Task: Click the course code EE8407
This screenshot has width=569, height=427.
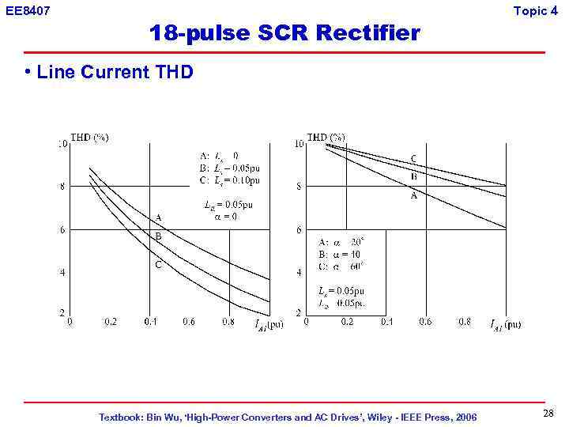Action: (x=28, y=10)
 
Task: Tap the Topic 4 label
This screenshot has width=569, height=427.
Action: (x=541, y=10)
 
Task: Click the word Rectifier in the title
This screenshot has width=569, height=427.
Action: (x=367, y=33)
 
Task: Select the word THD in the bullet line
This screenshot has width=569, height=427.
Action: (x=174, y=73)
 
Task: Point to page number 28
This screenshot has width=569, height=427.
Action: (x=548, y=414)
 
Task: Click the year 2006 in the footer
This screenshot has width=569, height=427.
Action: (x=464, y=417)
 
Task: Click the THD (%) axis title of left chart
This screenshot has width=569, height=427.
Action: (x=90, y=137)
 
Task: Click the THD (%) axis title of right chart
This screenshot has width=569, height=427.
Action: (x=326, y=137)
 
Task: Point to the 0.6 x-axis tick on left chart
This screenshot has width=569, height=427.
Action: (x=189, y=322)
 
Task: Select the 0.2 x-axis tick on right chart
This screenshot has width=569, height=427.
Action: (x=347, y=322)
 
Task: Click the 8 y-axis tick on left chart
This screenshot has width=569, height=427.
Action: (x=62, y=187)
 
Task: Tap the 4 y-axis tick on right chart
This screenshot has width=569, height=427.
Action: (x=298, y=273)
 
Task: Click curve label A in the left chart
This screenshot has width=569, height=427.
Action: (x=158, y=217)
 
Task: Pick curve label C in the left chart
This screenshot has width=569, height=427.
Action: (x=158, y=265)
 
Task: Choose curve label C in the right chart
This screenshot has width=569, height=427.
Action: (x=413, y=159)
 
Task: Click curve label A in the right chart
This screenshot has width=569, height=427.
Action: (x=413, y=196)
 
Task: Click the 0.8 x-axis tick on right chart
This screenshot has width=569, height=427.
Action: (x=465, y=322)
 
